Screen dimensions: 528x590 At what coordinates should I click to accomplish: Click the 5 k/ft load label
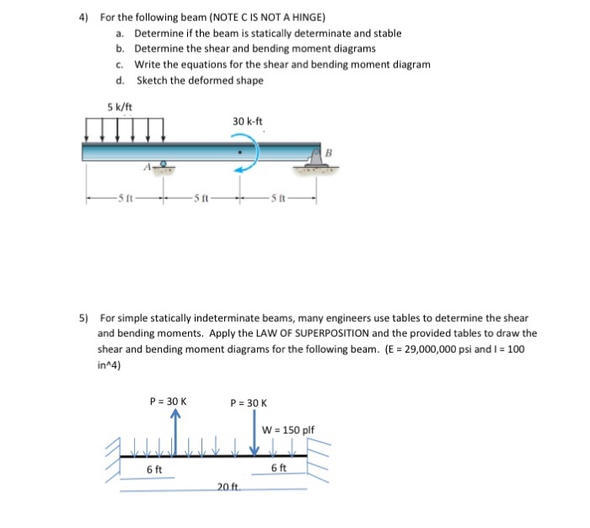[120, 106]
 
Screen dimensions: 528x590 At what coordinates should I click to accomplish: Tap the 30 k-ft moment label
[247, 121]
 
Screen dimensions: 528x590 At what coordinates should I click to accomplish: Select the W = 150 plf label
[289, 429]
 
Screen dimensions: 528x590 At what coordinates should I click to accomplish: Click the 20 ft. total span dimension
[228, 488]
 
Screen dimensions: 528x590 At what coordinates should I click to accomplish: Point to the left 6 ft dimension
[155, 468]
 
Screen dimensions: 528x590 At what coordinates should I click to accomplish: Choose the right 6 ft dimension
[279, 468]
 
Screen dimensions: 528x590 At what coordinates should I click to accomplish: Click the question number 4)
[84, 17]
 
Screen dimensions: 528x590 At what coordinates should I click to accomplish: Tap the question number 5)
[84, 318]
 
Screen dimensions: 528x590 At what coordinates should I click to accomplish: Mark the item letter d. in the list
[121, 80]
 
